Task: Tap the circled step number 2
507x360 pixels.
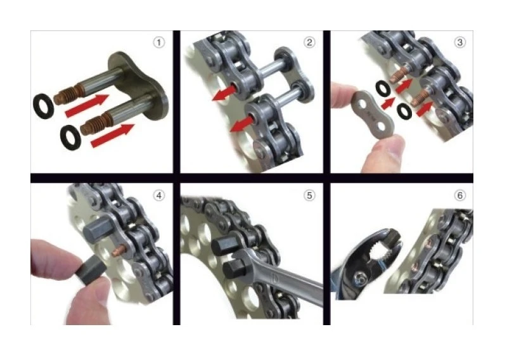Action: (x=309, y=42)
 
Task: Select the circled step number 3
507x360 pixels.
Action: (x=459, y=42)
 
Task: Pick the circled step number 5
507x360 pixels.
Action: (x=309, y=195)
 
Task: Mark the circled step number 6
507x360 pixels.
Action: (x=459, y=195)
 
